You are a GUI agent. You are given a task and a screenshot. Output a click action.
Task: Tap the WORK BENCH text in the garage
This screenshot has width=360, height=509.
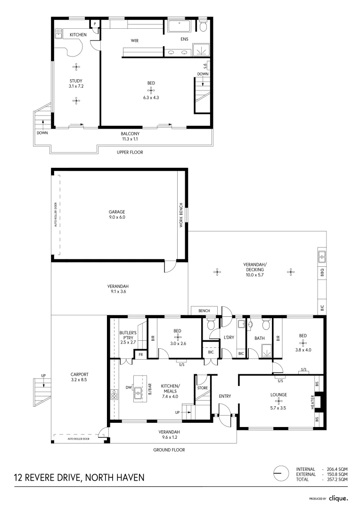[x=180, y=216]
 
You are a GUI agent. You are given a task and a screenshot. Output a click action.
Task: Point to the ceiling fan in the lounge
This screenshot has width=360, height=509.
[x=278, y=402]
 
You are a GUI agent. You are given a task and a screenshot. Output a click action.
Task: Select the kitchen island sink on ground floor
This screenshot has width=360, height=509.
[x=138, y=391]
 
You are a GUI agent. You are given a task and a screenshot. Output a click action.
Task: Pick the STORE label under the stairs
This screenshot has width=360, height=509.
[x=203, y=388]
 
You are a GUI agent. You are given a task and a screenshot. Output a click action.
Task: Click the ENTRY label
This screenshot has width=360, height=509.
[x=225, y=396]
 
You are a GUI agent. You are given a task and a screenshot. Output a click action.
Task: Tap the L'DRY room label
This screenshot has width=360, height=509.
[x=229, y=337]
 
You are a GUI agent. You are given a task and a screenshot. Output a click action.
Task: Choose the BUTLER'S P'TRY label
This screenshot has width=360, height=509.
[x=128, y=337]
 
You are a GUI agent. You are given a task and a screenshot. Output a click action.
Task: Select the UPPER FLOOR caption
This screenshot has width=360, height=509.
[x=130, y=152]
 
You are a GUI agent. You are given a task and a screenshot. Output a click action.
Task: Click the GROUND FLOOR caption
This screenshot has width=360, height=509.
[x=169, y=450]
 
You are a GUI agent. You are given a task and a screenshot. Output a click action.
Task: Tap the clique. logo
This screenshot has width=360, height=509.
[x=338, y=498]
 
